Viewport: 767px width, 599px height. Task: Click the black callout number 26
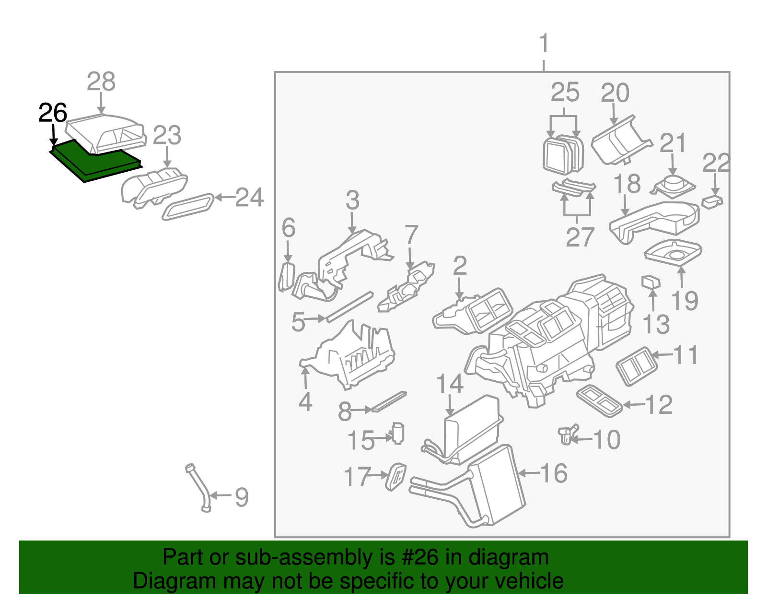(52, 114)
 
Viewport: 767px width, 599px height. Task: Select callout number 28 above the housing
(101, 82)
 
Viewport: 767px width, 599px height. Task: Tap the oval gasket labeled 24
(188, 207)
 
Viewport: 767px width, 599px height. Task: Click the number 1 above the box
(544, 44)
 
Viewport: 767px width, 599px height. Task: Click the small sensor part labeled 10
(567, 434)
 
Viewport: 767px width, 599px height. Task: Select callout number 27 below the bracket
(580, 237)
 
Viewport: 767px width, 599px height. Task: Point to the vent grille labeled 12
(599, 400)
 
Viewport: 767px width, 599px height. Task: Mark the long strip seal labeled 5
(349, 307)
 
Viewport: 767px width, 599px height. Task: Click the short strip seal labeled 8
(389, 401)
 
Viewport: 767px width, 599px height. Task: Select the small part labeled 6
(286, 277)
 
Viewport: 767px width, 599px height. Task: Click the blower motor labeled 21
(673, 186)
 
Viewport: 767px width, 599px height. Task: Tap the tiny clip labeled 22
(712, 201)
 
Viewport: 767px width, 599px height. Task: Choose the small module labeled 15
(398, 434)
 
